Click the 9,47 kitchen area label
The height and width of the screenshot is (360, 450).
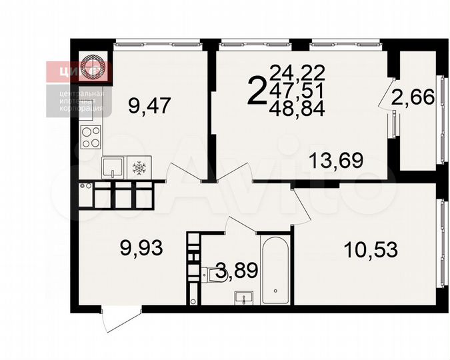click(x=149, y=105)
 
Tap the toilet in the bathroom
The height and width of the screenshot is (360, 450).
click(x=213, y=273)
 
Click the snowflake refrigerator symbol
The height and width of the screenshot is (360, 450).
click(x=140, y=167)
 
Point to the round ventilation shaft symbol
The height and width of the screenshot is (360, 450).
click(x=91, y=66)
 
